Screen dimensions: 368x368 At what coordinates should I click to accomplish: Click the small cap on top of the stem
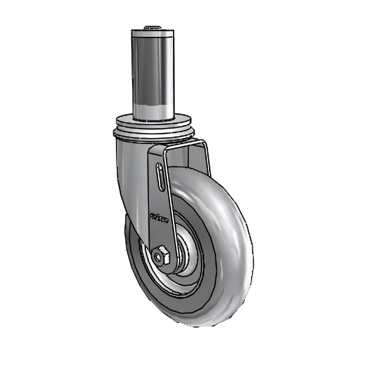(151, 28)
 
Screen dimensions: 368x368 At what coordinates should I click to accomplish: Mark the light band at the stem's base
(152, 111)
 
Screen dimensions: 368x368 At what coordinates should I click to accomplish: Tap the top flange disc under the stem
(153, 121)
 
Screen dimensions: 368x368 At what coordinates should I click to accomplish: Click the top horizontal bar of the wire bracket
(184, 143)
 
